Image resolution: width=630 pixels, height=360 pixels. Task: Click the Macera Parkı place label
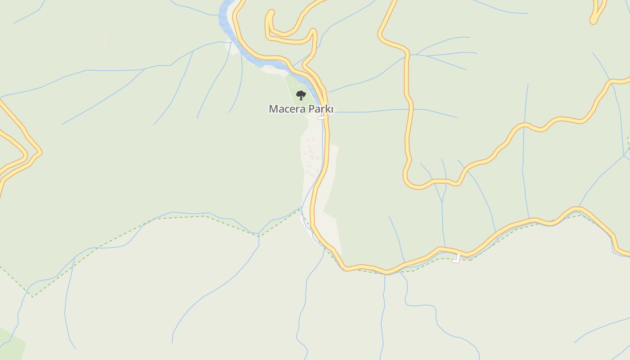click(301, 109)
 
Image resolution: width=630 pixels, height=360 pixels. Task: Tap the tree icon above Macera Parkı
click(301, 95)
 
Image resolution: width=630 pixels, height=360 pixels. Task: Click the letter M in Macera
click(273, 109)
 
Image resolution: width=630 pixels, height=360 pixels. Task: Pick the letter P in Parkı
click(310, 109)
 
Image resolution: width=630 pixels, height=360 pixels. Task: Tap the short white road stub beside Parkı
click(321, 118)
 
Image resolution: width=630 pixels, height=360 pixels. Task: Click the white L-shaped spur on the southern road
click(457, 258)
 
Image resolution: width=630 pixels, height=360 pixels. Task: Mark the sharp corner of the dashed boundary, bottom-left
click(32, 297)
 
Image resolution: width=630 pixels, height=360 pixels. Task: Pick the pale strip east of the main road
click(333, 180)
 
